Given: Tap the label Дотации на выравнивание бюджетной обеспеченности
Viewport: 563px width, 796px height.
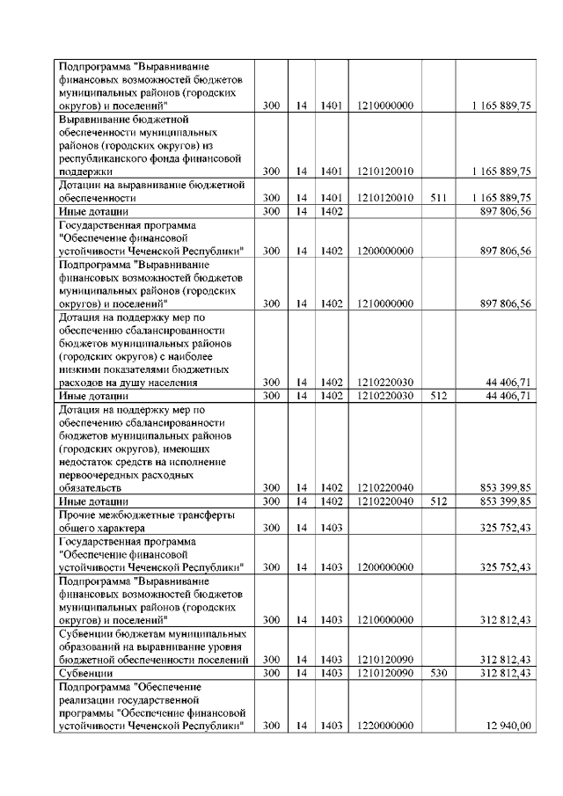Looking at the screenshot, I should pyautogui.click(x=150, y=191).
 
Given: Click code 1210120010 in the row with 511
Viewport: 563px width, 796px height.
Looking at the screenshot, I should pyautogui.click(x=385, y=198).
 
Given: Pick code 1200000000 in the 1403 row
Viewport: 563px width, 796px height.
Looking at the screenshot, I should pyautogui.click(x=385, y=567).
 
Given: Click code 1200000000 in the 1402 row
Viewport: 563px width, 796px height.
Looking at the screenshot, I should pyautogui.click(x=385, y=251).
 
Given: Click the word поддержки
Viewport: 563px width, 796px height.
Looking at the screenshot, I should pyautogui.click(x=85, y=171).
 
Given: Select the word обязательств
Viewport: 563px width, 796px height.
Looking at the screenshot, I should pyautogui.click(x=91, y=487).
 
